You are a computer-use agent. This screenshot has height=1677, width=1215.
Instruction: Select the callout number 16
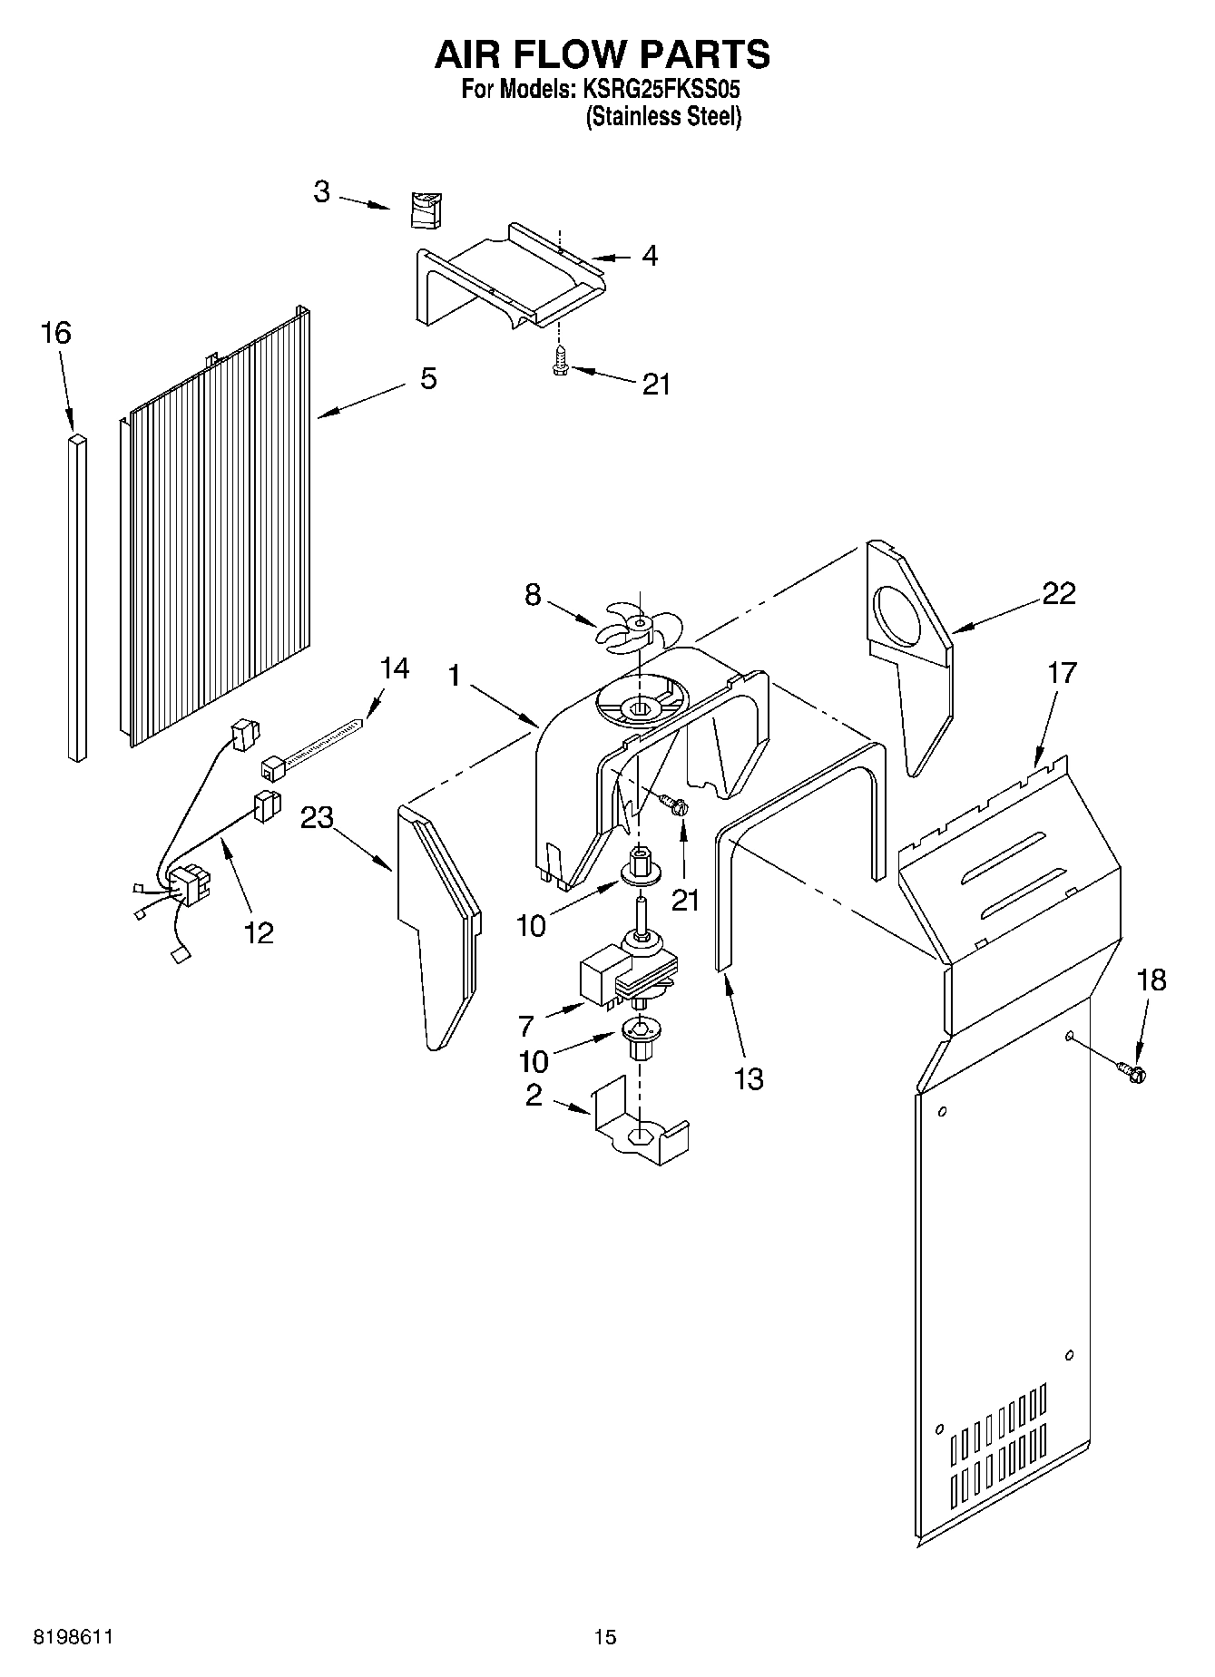tap(55, 333)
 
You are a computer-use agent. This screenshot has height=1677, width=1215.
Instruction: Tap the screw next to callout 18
tap(1132, 1072)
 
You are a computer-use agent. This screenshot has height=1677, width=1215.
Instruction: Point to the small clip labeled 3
tap(424, 210)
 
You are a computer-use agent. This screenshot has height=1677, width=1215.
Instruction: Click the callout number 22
tap(1058, 593)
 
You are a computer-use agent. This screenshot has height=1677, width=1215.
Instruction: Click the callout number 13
tap(748, 1078)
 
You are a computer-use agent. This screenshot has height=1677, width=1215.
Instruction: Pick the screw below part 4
tap(559, 363)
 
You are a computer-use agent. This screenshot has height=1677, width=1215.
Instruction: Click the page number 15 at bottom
tap(604, 1637)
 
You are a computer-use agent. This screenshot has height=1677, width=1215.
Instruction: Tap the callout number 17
tap(1061, 673)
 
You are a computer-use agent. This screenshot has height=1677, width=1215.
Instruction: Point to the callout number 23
tap(318, 818)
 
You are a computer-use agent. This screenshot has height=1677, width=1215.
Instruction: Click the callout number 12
tap(259, 931)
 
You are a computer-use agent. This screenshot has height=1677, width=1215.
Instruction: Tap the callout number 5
tap(428, 378)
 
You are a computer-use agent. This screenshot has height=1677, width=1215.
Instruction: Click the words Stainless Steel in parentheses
tap(663, 117)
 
